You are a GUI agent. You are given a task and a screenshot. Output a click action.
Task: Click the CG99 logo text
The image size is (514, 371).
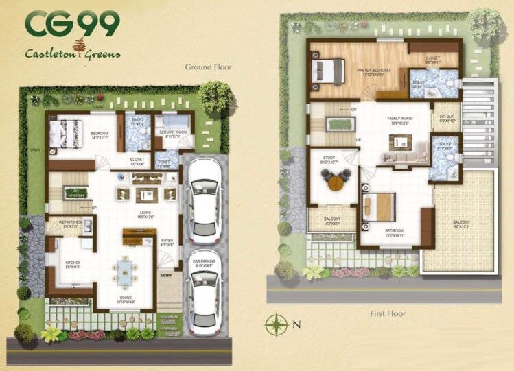pyautogui.click(x=71, y=24)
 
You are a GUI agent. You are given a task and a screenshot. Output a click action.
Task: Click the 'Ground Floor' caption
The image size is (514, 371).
pyautogui.click(x=208, y=67)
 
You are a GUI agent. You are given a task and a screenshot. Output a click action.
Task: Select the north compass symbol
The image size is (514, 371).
pyautogui.click(x=276, y=322)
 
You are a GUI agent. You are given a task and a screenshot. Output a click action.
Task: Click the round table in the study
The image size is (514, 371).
pyautogui.click(x=335, y=182)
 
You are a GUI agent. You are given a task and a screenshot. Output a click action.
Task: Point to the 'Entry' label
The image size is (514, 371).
pyautogui.click(x=166, y=275)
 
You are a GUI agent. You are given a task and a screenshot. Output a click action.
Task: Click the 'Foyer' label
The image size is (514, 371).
pyautogui.click(x=167, y=241)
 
